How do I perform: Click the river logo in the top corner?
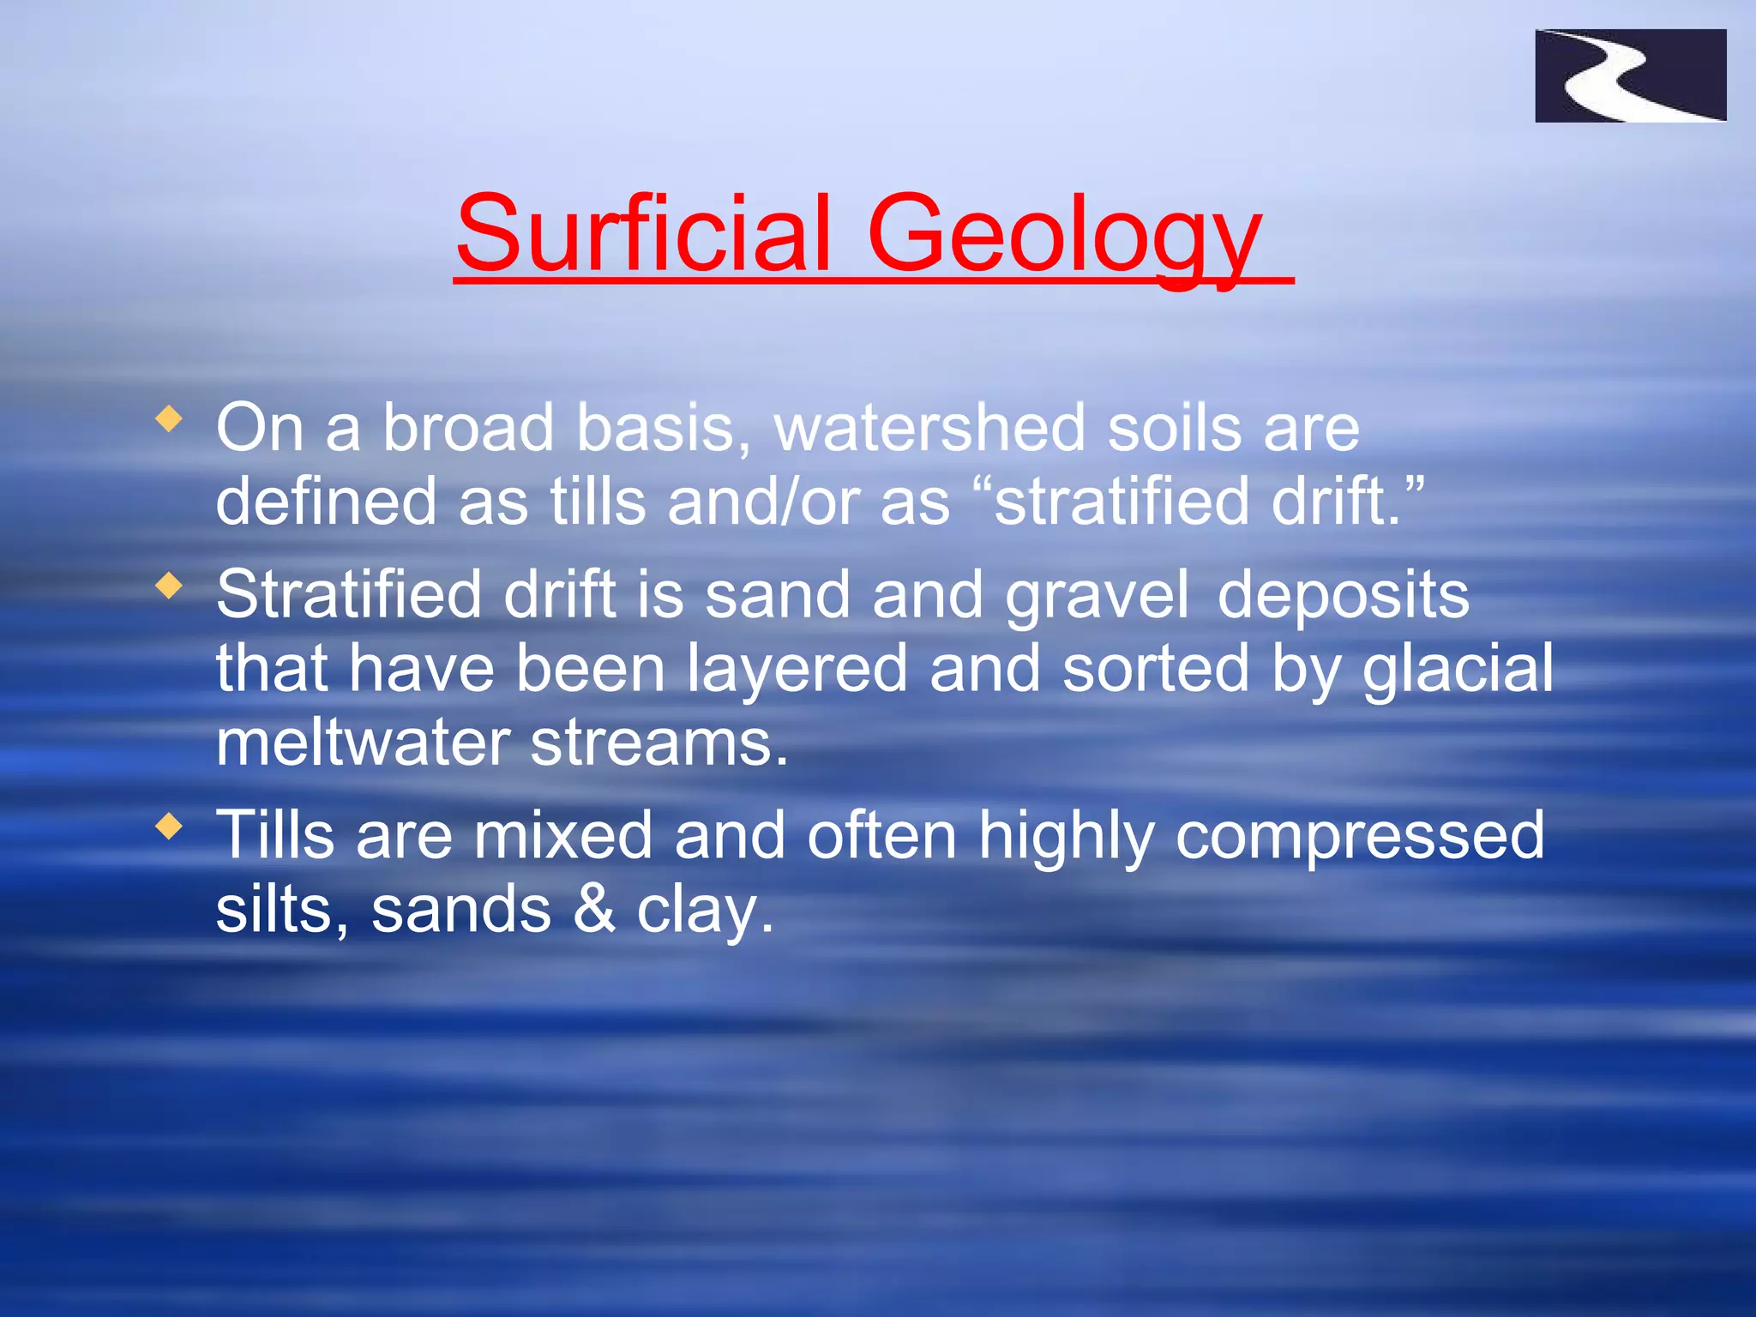1630,75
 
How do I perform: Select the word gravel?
1097,595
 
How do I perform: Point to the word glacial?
1458,669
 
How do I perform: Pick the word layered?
797,669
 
